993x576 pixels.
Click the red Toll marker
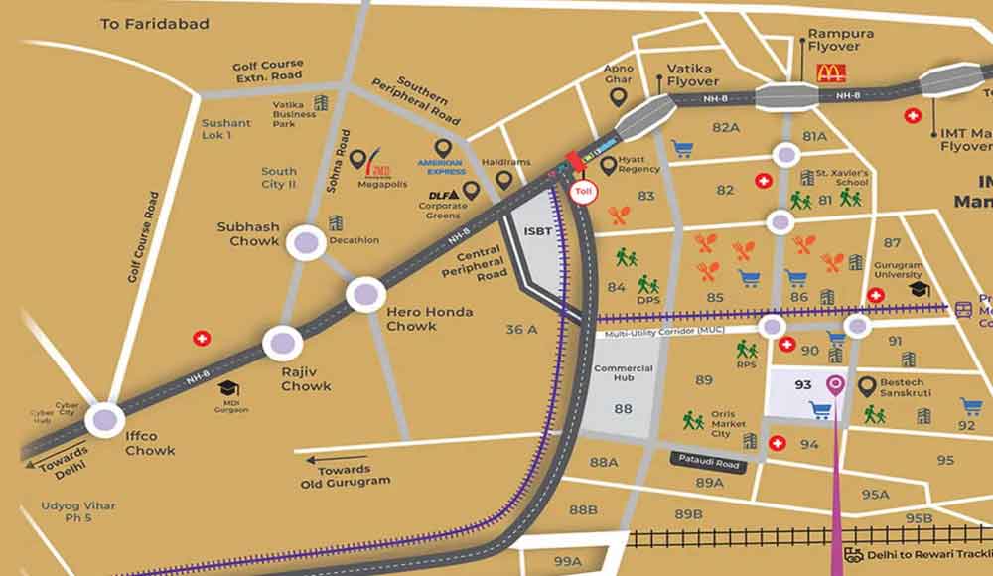(583, 192)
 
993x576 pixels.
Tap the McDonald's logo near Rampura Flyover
(829, 72)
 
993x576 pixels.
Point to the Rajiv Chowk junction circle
(282, 344)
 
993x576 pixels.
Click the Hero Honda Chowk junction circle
(365, 294)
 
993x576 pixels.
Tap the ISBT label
(537, 231)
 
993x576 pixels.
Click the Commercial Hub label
(623, 374)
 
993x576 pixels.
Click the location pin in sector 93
(836, 384)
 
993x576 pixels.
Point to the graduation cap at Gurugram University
(918, 288)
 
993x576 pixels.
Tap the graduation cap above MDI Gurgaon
(229, 388)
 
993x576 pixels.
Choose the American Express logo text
(441, 168)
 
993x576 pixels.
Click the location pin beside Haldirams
(504, 180)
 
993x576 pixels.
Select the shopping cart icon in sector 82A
(681, 149)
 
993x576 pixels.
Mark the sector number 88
(623, 408)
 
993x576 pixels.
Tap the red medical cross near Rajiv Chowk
(203, 339)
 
